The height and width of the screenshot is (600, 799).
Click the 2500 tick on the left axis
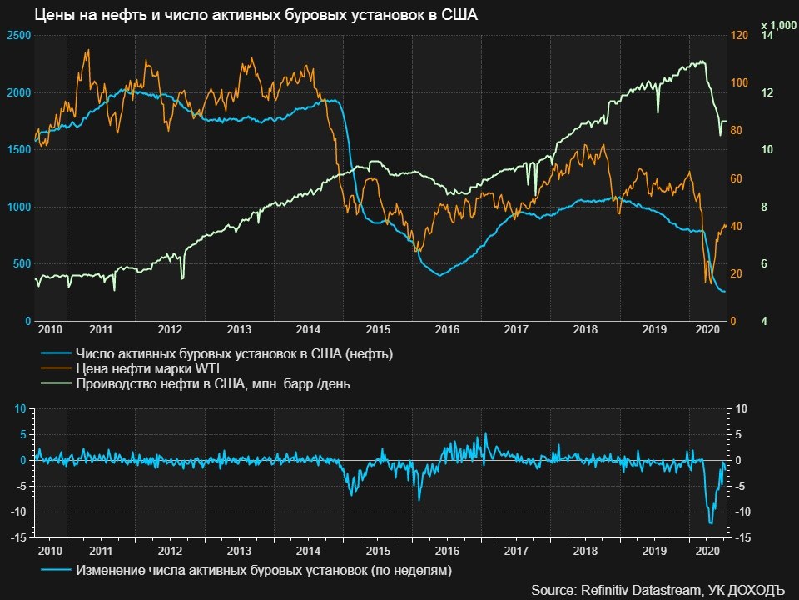[18, 35]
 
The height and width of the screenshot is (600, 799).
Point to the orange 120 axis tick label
[737, 35]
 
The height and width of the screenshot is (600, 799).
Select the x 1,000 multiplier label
[779, 26]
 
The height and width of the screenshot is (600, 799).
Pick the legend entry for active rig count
[233, 354]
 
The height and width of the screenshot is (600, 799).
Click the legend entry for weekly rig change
[263, 571]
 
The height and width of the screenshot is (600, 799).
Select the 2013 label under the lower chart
[239, 551]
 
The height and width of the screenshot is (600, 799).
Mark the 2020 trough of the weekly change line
[710, 523]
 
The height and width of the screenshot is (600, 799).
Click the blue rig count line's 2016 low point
[440, 275]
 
